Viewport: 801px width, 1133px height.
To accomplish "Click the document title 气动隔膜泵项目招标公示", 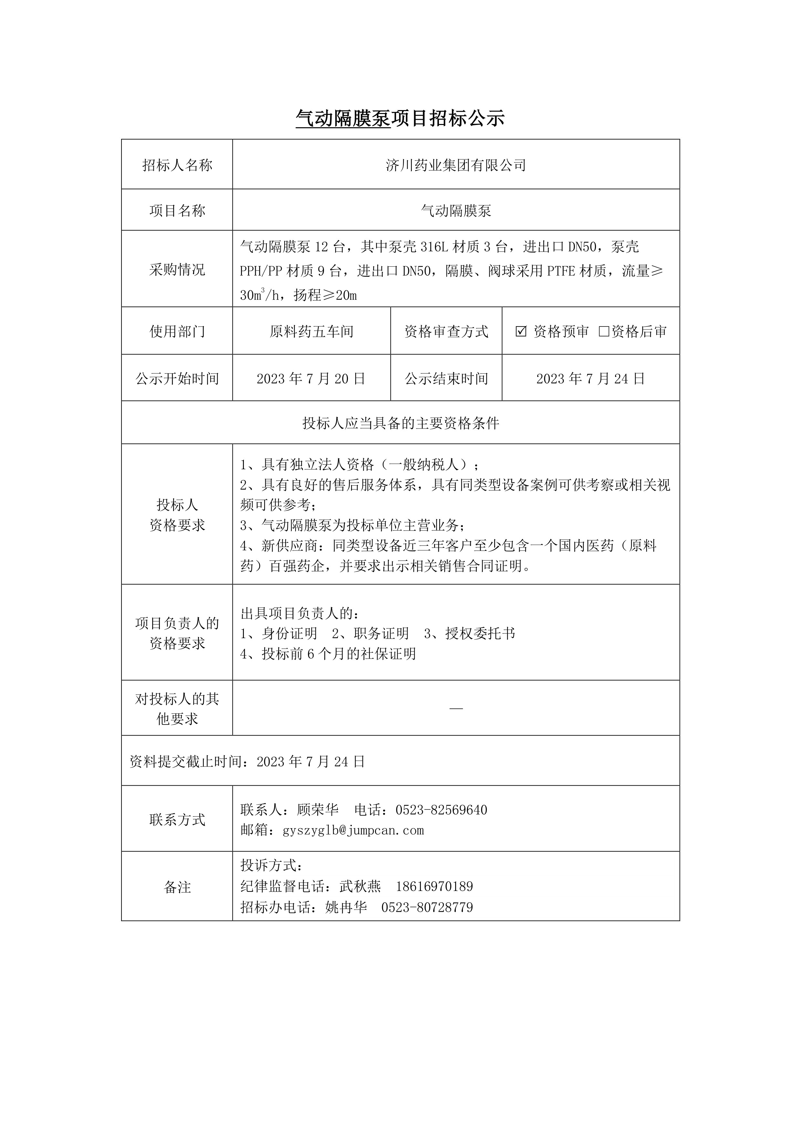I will coord(400,119).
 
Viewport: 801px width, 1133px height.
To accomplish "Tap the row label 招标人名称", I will coord(177,165).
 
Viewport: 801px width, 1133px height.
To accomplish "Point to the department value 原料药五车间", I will coord(311,332).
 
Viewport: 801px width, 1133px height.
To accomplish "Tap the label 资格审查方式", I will coord(446,332).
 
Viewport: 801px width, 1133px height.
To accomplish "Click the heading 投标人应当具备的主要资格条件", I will coord(400,423).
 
